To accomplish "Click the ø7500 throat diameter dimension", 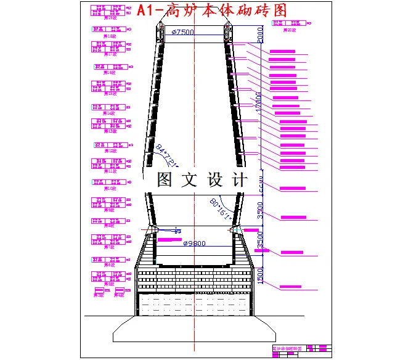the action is (183, 32).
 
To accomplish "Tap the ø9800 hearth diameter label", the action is (194, 243).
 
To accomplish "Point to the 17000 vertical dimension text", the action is (259, 102).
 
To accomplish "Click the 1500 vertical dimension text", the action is (260, 276).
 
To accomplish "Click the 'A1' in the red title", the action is (147, 10).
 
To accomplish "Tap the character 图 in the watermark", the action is (165, 180).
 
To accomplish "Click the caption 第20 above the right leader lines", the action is (290, 30).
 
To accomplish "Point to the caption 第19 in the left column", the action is (111, 18).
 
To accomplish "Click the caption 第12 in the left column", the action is (111, 150).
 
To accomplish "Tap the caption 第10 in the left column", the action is (111, 188).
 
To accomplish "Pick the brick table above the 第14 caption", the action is (111, 107).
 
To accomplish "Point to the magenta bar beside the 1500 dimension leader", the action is (291, 287).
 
